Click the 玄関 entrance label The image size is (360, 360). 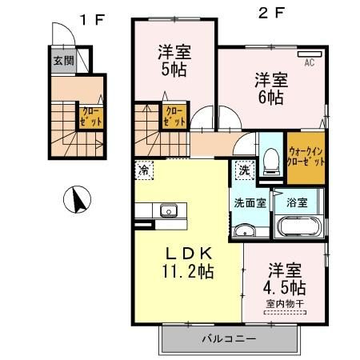tap(62, 61)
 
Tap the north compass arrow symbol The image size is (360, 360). tap(77, 199)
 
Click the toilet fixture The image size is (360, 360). tap(270, 161)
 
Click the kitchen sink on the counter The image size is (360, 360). tap(168, 212)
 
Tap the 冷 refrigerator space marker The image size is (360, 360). tap(144, 170)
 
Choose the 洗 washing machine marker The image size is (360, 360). tap(242, 170)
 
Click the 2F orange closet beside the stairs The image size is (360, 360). tap(173, 117)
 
